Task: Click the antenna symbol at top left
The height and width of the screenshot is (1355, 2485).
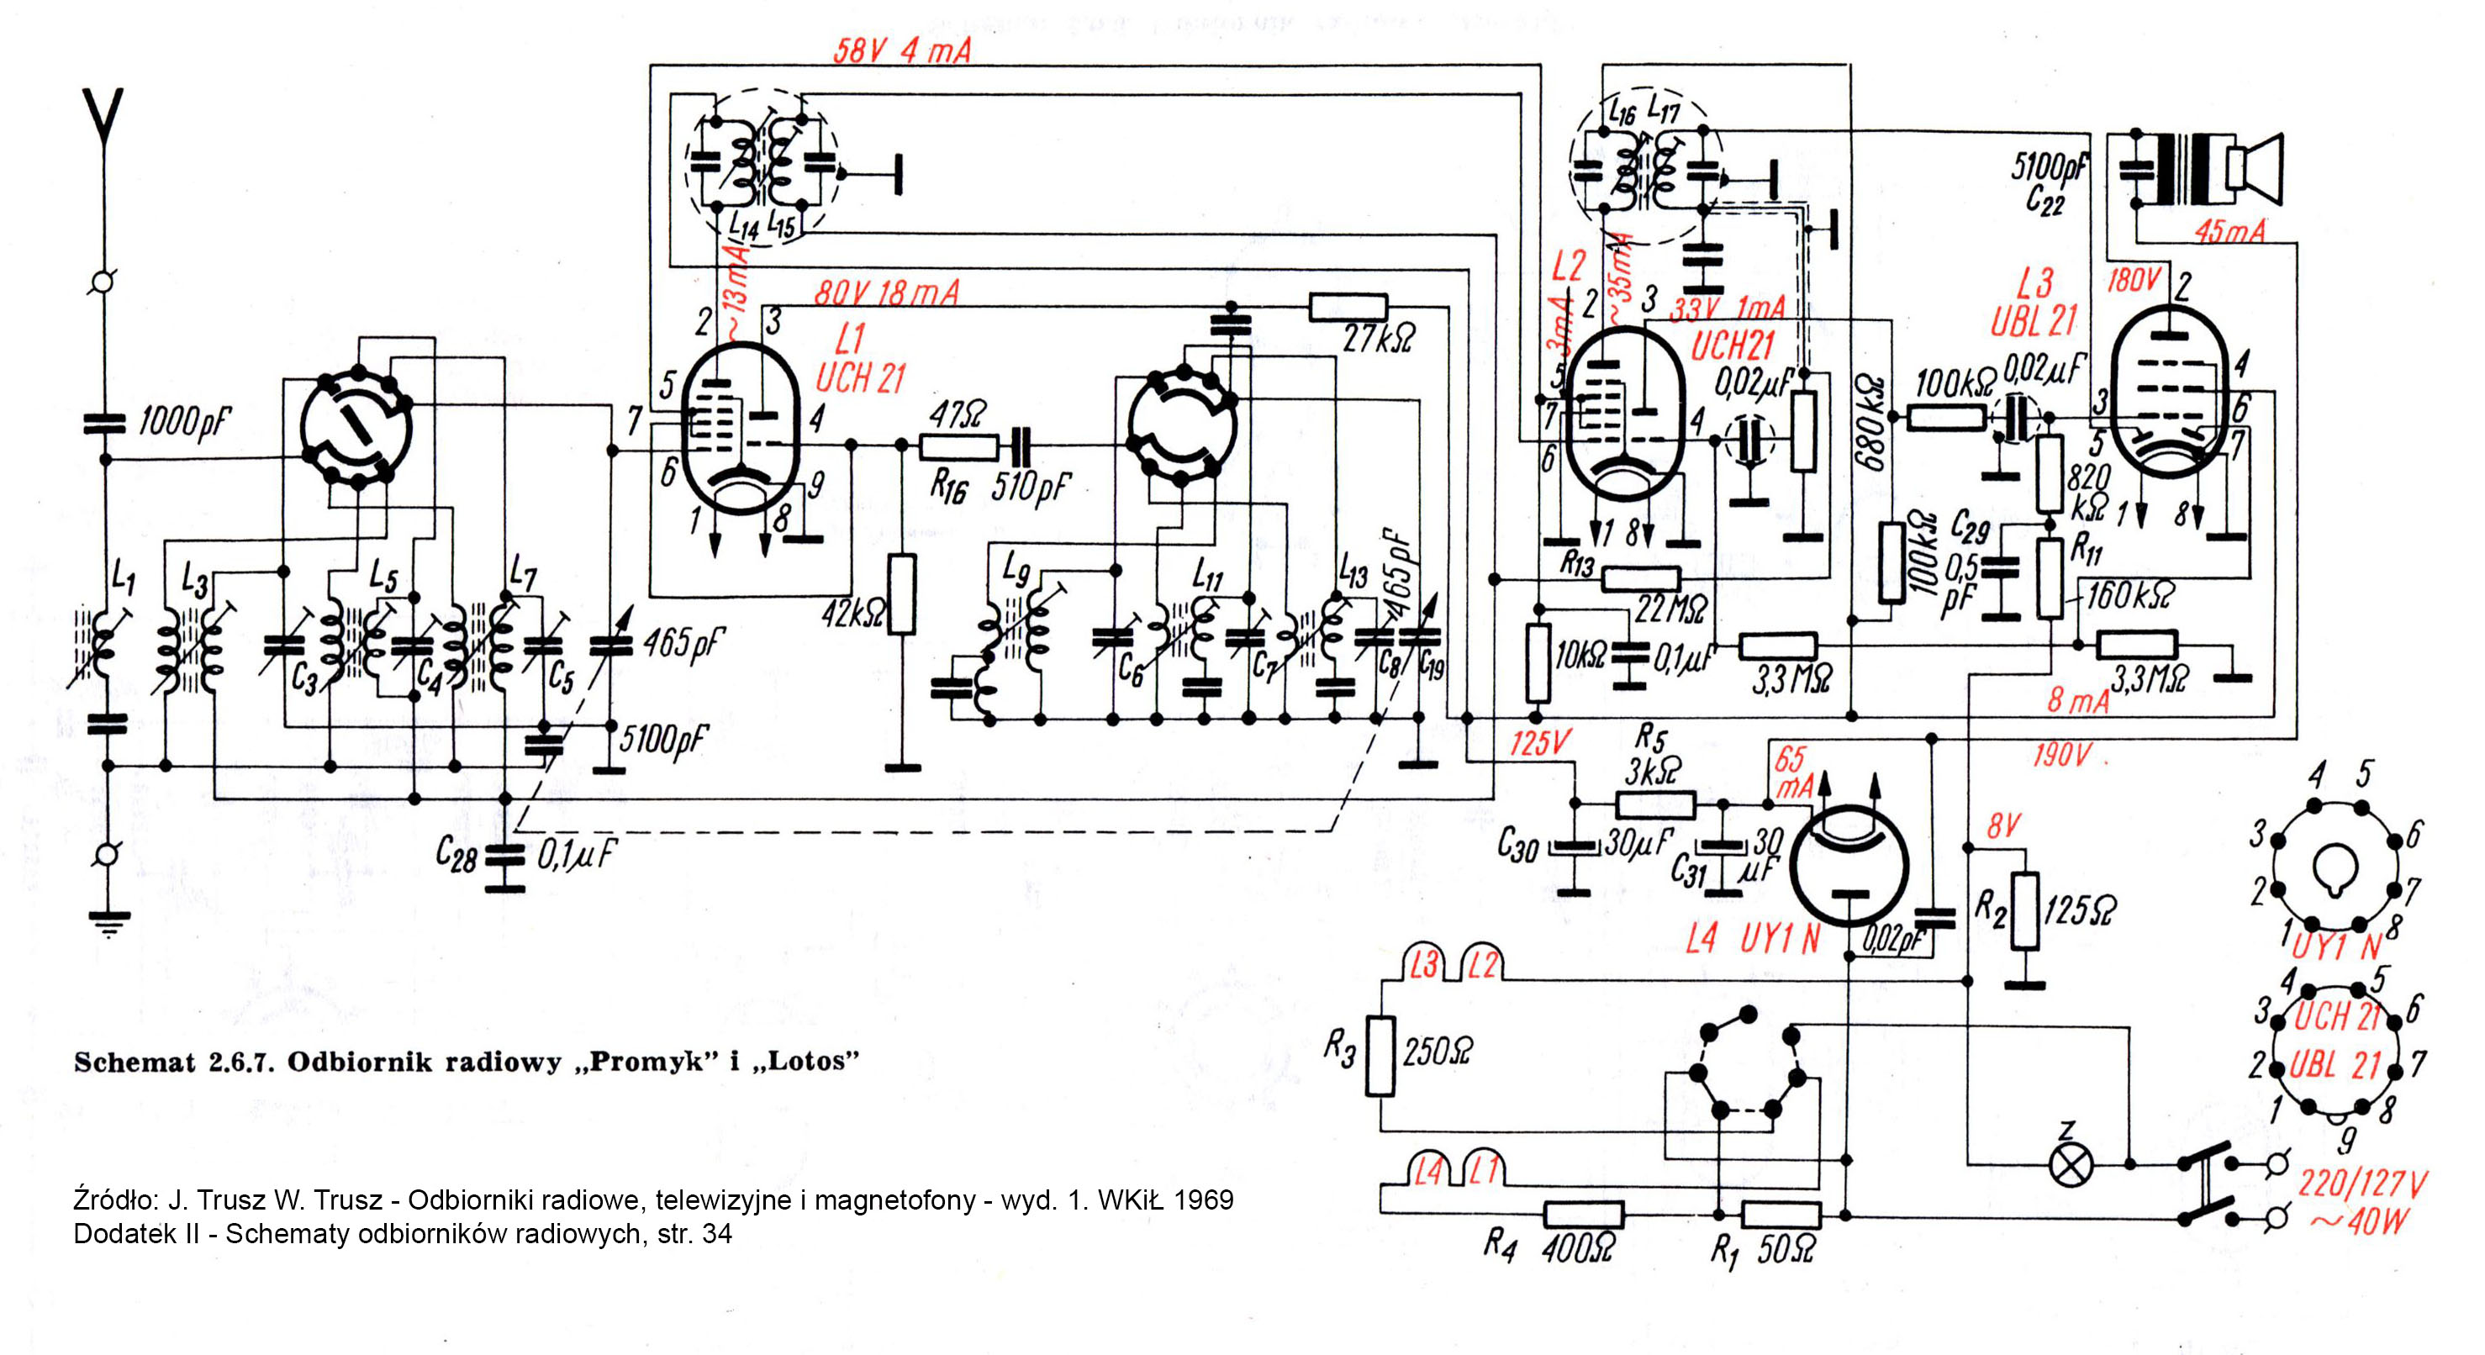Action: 103,120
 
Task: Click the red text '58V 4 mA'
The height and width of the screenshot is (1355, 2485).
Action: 902,50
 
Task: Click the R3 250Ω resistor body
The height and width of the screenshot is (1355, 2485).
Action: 1380,1055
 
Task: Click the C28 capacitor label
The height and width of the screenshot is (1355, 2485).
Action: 456,853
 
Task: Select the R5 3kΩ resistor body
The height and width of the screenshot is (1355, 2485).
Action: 1655,804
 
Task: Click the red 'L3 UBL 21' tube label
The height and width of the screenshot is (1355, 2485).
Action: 2033,303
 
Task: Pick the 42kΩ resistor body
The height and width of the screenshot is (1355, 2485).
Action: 901,594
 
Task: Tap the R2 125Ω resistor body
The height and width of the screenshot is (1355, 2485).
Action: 2025,910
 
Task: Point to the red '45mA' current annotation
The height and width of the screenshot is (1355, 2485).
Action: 2229,231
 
